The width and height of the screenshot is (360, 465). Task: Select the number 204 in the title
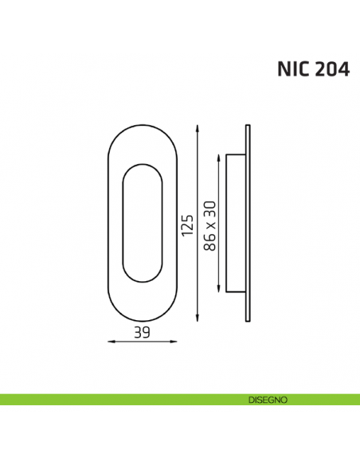click(331, 70)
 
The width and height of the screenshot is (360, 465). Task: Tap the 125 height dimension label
click(187, 225)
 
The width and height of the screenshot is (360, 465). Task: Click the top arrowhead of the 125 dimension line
click(196, 128)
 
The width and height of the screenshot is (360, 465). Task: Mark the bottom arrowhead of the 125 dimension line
click(196, 320)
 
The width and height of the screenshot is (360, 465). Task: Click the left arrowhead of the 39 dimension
click(110, 340)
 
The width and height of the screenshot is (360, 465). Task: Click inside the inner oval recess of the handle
click(143, 224)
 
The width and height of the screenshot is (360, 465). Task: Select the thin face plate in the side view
click(248, 224)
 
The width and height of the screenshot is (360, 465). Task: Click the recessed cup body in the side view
click(237, 224)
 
